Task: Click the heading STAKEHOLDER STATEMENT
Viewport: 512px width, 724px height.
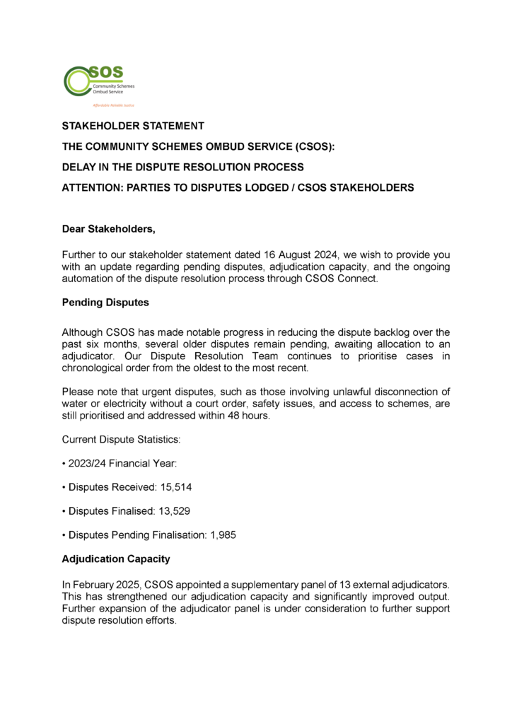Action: pyautogui.click(x=133, y=126)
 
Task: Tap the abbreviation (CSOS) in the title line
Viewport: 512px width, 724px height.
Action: pyautogui.click(x=312, y=146)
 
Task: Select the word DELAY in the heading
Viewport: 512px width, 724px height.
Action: pyautogui.click(x=79, y=167)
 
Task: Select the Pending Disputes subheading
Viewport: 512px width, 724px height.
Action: pyautogui.click(x=106, y=304)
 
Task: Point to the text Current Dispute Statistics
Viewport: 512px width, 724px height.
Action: pyautogui.click(x=121, y=440)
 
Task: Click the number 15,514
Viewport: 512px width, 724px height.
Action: pyautogui.click(x=176, y=488)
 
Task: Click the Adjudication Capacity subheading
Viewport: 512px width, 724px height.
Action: pyautogui.click(x=116, y=559)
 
